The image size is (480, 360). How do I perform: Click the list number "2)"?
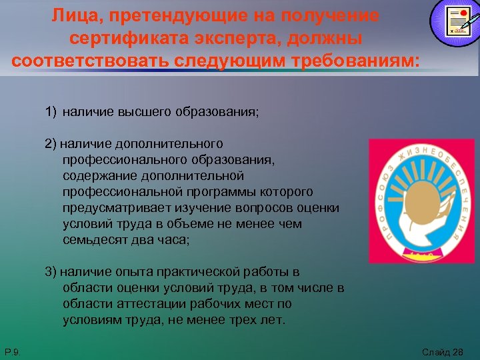[x=51, y=144]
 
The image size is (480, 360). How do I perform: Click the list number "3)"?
[x=51, y=272]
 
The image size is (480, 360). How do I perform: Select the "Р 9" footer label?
[x=11, y=351]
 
